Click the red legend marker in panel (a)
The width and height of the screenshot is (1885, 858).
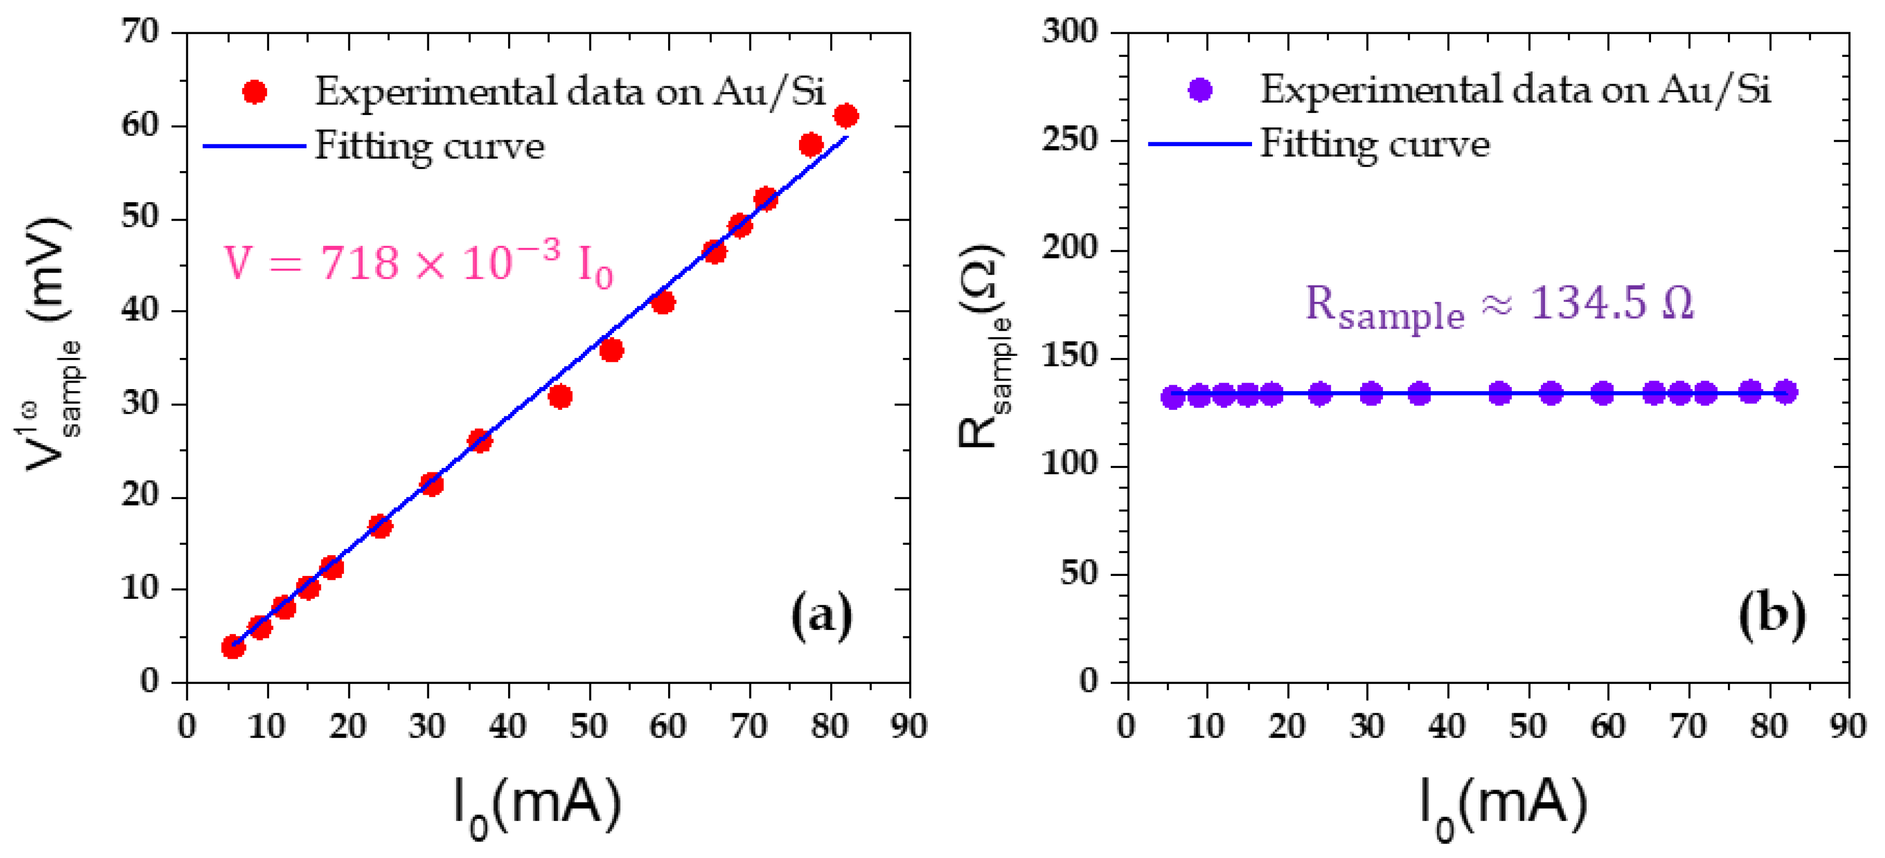point(255,92)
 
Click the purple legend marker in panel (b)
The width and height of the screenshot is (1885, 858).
point(1200,90)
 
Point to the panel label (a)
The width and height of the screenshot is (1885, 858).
point(821,617)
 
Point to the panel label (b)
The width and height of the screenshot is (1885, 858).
point(1771,615)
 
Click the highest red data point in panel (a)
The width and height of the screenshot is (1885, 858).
point(846,115)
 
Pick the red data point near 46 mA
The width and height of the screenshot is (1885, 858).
point(560,397)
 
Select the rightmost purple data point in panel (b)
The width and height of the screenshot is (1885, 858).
point(1785,392)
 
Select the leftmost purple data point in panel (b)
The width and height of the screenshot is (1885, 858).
point(1173,397)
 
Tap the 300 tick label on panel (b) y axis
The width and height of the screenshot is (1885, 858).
point(1070,32)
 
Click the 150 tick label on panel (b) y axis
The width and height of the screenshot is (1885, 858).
point(1070,357)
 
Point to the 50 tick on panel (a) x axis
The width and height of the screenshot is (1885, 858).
point(588,726)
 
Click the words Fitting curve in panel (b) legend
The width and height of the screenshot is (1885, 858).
point(1374,144)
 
